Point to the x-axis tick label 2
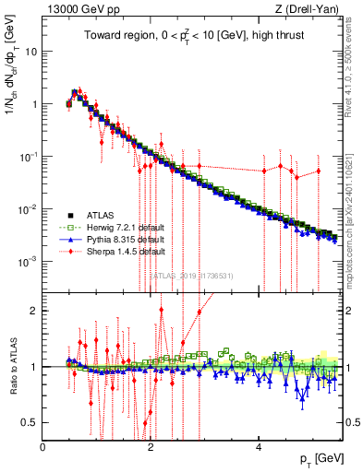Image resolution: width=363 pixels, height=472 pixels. click(x=151, y=446)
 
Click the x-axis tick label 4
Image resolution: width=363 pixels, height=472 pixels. click(x=259, y=446)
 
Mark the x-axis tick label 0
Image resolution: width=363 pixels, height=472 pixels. click(x=42, y=446)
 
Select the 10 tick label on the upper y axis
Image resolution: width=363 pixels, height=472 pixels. click(x=30, y=51)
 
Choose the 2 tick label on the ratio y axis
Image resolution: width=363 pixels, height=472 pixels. click(x=33, y=311)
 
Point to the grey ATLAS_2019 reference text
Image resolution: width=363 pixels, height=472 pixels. click(x=195, y=275)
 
